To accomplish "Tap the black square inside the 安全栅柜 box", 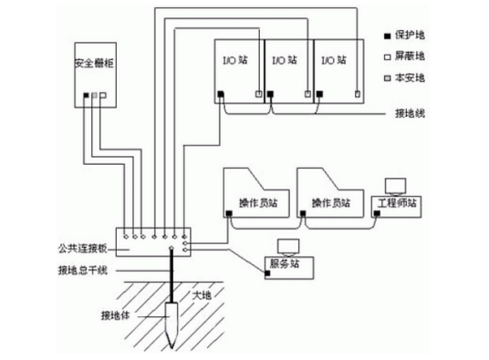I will tap(86, 96).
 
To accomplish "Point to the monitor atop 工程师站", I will tap(396, 184).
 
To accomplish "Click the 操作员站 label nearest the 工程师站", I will tap(331, 202).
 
